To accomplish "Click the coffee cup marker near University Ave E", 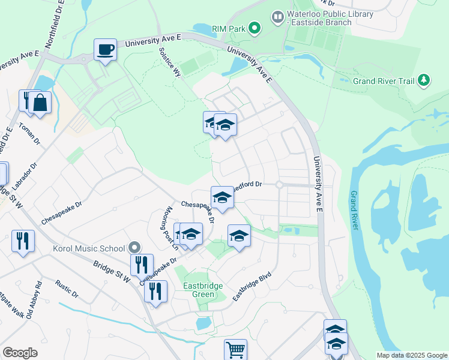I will pos(105,50).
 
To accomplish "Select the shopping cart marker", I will pos(235,350).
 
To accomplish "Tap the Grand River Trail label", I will pos(384,80).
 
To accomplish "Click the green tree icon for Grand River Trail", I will pos(424,80).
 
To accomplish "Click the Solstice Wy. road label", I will pos(170,62).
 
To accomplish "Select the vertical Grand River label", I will pos(354,210).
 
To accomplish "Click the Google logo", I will pos(20,353).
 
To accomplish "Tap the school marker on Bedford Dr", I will pos(221,197).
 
